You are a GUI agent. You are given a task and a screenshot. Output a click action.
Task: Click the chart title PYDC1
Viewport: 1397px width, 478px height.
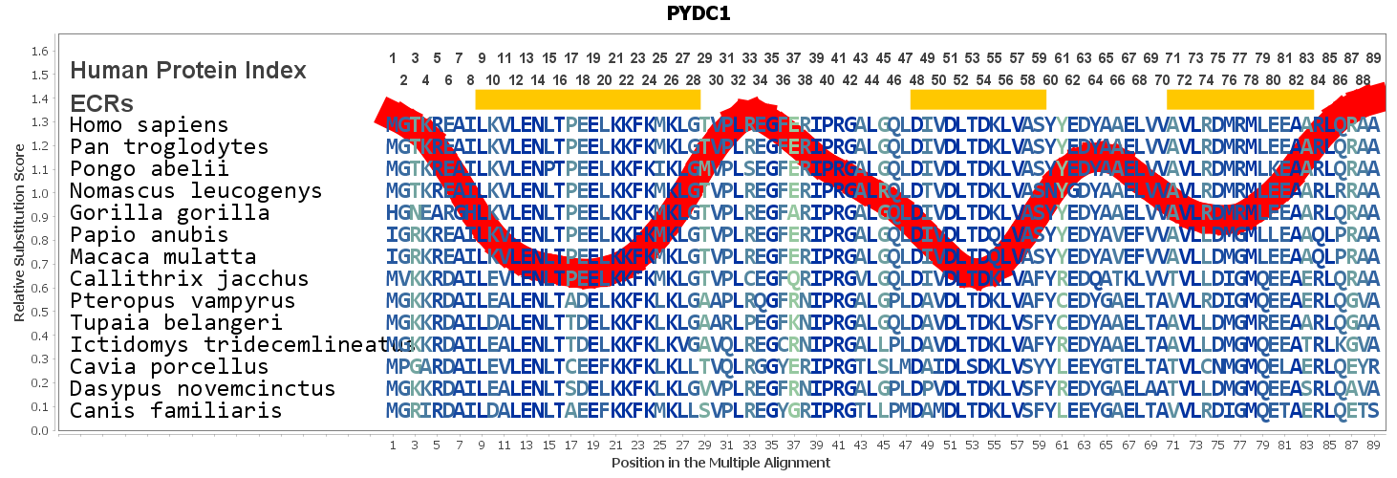(698, 13)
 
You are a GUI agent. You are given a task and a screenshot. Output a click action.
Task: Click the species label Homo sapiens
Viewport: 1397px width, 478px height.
(149, 125)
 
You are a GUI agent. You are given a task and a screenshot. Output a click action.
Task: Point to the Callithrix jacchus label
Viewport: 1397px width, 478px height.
(189, 279)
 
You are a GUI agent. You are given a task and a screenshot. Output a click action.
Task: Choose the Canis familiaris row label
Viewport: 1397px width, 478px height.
(176, 411)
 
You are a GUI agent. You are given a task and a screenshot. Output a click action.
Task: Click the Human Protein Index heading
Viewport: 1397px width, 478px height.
(188, 70)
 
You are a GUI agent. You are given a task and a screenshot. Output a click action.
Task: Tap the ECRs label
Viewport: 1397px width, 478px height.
(101, 103)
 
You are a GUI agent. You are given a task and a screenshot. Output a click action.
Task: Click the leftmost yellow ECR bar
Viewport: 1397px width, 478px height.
(588, 99)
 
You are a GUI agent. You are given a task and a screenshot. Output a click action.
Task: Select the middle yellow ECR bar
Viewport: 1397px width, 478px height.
(978, 99)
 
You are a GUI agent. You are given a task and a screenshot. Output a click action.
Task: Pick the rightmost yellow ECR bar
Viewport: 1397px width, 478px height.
(1240, 99)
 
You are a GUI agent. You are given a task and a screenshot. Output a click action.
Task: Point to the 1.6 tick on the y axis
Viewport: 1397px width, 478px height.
(40, 52)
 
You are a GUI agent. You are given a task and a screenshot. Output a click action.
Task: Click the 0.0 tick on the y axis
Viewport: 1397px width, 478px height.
(40, 431)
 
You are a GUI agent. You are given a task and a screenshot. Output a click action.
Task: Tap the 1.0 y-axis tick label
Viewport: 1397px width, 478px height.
(40, 194)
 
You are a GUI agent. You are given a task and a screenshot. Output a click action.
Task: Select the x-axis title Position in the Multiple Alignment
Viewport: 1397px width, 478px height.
(720, 463)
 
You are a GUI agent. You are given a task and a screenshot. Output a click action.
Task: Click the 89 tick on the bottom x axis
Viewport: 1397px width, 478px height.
(1373, 445)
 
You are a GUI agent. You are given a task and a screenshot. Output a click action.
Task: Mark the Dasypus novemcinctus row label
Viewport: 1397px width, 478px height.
(203, 389)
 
